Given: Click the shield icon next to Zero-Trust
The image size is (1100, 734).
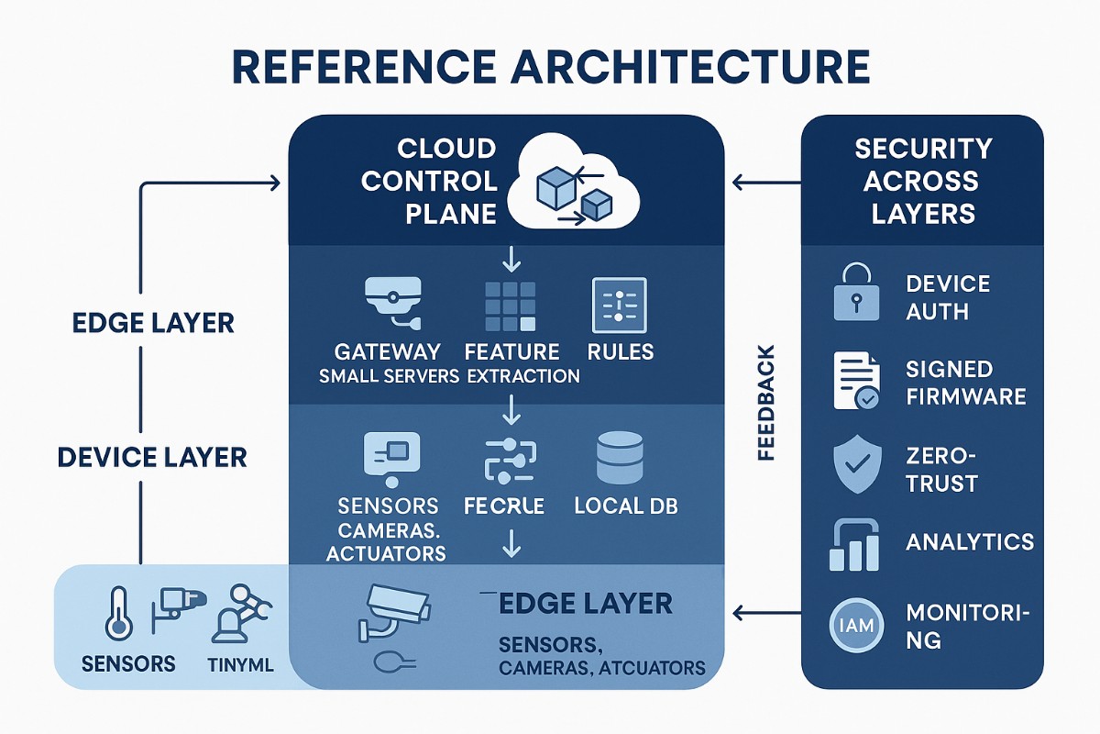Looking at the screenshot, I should pyautogui.click(x=856, y=467).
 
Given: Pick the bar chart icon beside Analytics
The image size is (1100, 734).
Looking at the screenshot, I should pyautogui.click(x=855, y=546).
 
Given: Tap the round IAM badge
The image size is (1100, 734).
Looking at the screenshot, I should pyautogui.click(x=856, y=627).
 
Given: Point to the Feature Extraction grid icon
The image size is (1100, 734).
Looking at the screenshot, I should pyautogui.click(x=511, y=306).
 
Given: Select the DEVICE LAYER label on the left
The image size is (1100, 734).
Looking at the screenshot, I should pyautogui.click(x=151, y=457).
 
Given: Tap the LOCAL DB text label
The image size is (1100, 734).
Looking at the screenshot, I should pyautogui.click(x=625, y=506).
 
